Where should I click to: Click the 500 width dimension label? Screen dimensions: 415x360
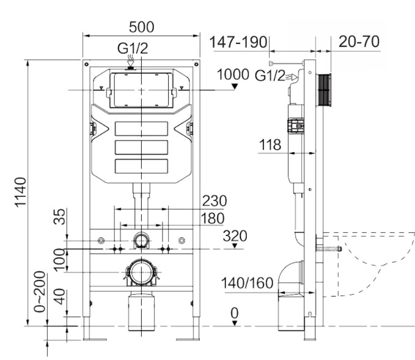pyautogui.click(x=141, y=27)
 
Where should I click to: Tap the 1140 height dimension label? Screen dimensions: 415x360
pyautogui.click(x=20, y=192)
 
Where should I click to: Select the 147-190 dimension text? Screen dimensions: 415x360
pyautogui.click(x=238, y=42)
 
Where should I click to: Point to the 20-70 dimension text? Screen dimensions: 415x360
pyautogui.click(x=359, y=42)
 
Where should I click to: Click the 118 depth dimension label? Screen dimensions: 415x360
pyautogui.click(x=270, y=145)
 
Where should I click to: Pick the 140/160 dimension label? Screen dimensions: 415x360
pyautogui.click(x=247, y=283)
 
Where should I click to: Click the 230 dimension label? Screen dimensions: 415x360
pyautogui.click(x=215, y=201)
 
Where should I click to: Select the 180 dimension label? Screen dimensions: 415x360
pyautogui.click(x=212, y=218)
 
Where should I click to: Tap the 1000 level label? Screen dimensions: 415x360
pyautogui.click(x=233, y=75)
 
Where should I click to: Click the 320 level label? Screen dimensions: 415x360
pyautogui.click(x=235, y=236)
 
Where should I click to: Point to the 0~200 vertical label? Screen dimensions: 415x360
pyautogui.click(x=40, y=292)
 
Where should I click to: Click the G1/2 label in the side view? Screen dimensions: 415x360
pyautogui.click(x=270, y=76)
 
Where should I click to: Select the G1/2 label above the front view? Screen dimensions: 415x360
pyautogui.click(x=133, y=48)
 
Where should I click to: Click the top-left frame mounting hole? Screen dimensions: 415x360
pyautogui.click(x=86, y=64)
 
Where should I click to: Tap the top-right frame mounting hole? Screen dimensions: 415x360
pyautogui.click(x=196, y=64)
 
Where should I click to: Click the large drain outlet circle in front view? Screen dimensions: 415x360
pyautogui.click(x=141, y=272)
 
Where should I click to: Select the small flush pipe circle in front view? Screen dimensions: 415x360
pyautogui.click(x=141, y=240)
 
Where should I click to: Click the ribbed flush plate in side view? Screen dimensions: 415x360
pyautogui.click(x=323, y=90)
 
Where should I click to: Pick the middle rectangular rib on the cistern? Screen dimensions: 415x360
pyautogui.click(x=141, y=147)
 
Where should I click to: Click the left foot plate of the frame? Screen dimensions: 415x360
pyautogui.click(x=95, y=339)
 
